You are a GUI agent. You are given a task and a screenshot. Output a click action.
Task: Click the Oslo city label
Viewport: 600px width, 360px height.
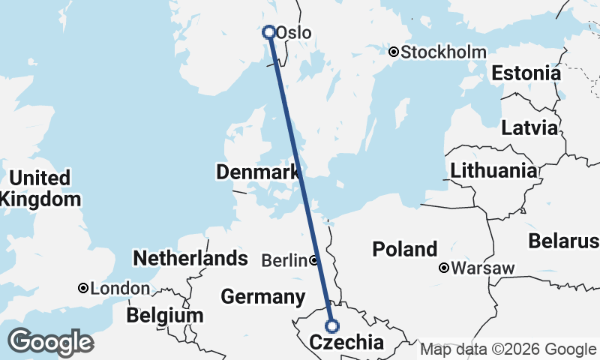coord(293,33)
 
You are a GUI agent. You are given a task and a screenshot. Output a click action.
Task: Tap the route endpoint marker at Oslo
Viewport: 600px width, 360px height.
coord(268,32)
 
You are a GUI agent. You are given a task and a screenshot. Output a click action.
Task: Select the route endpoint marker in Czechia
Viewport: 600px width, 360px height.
coord(331,326)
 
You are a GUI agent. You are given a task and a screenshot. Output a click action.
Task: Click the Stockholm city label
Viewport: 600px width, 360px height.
coord(443,52)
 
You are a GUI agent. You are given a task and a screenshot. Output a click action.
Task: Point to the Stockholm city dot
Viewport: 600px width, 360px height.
coord(394,52)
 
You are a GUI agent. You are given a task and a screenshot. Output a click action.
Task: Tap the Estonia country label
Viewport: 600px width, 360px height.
coord(526,73)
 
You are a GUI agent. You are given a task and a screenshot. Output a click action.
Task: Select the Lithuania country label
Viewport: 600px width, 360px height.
coord(493,170)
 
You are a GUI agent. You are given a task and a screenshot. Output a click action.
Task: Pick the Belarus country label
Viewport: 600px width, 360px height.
coord(563,241)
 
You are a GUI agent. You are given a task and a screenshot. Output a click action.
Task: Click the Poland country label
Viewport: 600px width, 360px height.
coord(404,249)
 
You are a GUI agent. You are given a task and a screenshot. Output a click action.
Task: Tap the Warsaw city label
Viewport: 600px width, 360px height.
coord(484,268)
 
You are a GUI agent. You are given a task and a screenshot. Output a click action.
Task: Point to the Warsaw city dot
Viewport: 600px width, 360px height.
coord(444,268)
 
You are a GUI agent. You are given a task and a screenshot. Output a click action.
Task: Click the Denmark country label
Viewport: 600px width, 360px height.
coord(257,172)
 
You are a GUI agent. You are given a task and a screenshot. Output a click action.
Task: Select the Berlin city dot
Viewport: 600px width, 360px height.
coord(313,260)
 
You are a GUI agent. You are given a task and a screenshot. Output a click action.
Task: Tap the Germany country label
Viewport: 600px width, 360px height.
coord(262,296)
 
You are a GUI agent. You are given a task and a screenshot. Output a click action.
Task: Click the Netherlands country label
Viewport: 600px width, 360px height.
coord(190,259)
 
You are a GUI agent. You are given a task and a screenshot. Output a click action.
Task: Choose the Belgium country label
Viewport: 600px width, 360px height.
coord(164,315)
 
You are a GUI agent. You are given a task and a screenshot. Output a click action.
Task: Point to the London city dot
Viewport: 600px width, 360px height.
coord(83,288)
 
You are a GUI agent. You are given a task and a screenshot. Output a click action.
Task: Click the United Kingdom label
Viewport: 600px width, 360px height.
coord(40,188)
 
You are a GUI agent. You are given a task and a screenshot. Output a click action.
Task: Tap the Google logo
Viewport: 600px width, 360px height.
coord(50,342)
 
